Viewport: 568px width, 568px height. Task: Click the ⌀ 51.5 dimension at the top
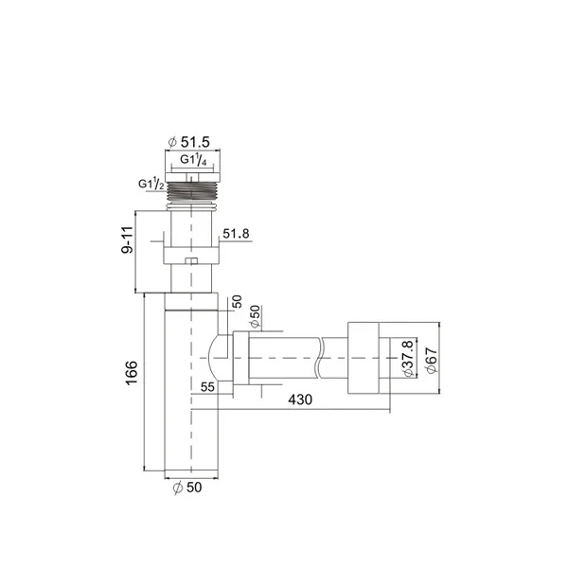(188, 142)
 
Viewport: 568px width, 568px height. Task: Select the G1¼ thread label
(193, 160)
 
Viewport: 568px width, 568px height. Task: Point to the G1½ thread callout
(151, 184)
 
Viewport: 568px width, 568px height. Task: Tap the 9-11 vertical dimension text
(128, 240)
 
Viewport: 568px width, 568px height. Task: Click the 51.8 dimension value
(236, 234)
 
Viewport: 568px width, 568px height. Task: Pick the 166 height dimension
(132, 373)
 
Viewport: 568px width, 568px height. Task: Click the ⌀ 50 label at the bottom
(187, 488)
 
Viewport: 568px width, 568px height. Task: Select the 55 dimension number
(207, 387)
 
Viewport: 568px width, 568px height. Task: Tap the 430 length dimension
(300, 399)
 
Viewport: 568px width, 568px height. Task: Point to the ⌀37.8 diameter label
(408, 358)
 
